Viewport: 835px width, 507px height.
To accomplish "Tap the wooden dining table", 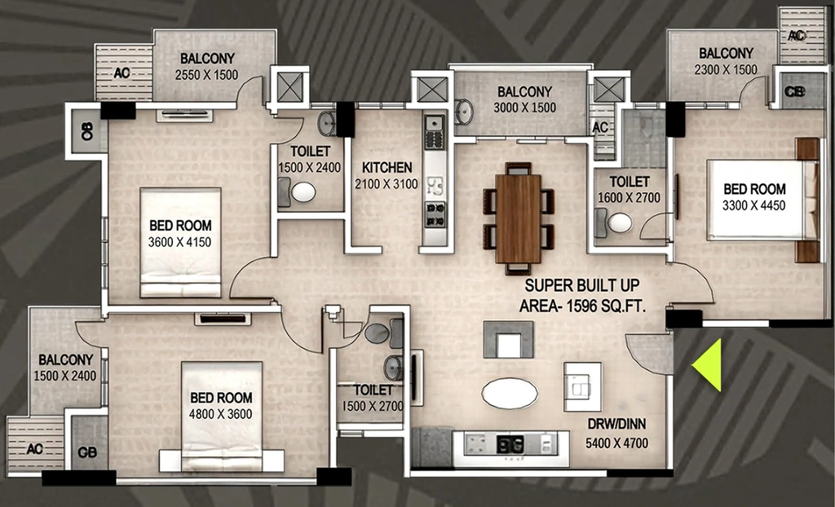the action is (x=518, y=218).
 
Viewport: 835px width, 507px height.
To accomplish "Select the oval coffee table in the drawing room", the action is (x=510, y=394).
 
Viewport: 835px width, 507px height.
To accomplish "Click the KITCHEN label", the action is (x=387, y=168).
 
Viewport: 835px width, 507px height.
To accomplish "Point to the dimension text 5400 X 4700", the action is (x=617, y=443).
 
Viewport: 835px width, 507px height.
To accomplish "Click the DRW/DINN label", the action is (x=616, y=425).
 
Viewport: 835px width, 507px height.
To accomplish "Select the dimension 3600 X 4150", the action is (x=180, y=242).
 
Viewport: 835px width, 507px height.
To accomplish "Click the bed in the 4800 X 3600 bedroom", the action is (x=222, y=417).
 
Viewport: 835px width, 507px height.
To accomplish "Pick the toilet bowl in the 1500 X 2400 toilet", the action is (x=303, y=192).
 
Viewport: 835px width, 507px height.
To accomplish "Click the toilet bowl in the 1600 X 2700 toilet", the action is (x=620, y=223).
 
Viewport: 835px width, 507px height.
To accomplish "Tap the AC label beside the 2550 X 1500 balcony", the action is (x=122, y=73).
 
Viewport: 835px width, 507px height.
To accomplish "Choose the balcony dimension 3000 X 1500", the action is (x=524, y=108).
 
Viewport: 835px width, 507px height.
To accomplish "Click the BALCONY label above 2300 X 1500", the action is (x=727, y=53).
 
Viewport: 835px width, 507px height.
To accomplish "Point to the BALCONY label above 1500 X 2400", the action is (x=66, y=359).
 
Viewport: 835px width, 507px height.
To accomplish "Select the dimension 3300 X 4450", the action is (x=754, y=205).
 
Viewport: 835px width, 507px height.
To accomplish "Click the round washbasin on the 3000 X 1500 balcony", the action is (x=464, y=112).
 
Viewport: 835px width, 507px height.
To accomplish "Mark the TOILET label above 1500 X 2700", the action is (x=373, y=390).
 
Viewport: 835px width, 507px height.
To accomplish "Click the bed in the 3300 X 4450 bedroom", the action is (x=762, y=200).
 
